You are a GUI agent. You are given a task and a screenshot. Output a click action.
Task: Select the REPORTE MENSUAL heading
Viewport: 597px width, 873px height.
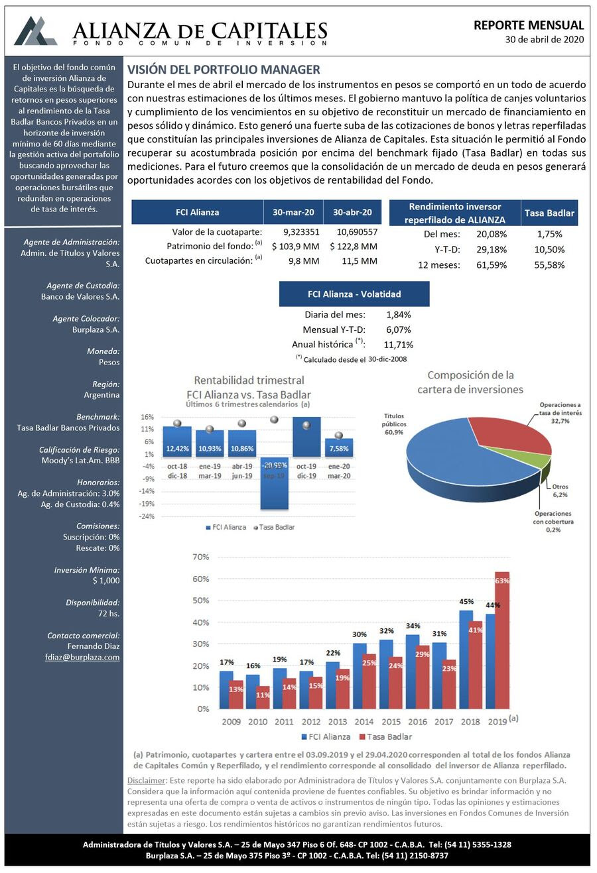[529, 25]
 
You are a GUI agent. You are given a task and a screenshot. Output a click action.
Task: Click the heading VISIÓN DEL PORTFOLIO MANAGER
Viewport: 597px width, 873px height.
[224, 70]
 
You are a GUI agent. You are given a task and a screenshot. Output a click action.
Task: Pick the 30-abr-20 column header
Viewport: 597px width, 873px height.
[352, 212]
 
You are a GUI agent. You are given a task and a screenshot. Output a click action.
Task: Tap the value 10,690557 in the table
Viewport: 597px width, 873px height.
[357, 232]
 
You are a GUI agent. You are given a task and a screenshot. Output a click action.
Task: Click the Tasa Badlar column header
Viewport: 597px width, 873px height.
[549, 213]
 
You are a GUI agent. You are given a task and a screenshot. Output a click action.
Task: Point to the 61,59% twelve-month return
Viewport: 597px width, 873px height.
[491, 265]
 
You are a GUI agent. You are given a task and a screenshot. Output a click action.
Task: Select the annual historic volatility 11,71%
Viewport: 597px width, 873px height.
[398, 345]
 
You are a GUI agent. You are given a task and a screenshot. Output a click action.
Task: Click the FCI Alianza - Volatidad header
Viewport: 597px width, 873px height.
[354, 294]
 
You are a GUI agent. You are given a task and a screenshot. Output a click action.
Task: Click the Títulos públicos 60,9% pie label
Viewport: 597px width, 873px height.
[394, 424]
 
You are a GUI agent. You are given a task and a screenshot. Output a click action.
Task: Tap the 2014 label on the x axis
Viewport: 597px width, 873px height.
[364, 721]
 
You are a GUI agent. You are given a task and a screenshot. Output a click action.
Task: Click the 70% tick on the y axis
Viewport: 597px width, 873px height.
[200, 557]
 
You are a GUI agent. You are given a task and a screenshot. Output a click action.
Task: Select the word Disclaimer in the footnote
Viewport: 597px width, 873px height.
[145, 780]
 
